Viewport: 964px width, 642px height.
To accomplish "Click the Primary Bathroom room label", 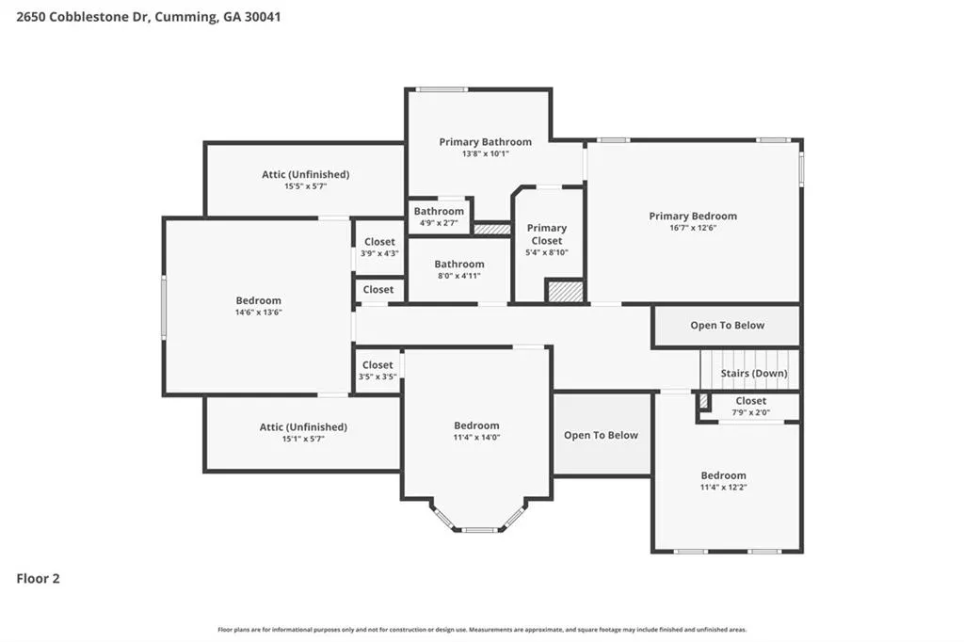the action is click(485, 142).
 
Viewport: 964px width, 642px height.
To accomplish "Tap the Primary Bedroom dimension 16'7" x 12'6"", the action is click(693, 228).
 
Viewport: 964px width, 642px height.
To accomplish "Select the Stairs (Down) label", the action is click(754, 374).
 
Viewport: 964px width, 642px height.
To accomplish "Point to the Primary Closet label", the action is click(547, 234).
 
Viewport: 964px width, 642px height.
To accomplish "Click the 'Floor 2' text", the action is click(38, 579).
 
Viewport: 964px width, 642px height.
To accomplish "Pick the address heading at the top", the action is click(148, 17).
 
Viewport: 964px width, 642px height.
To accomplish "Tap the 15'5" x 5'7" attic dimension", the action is click(306, 186).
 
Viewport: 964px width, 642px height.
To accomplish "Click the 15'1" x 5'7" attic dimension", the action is click(303, 439).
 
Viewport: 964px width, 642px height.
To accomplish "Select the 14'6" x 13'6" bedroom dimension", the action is click(258, 313).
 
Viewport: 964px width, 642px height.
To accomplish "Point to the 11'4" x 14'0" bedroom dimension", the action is click(476, 437).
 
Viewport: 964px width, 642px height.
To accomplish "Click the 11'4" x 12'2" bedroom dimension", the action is click(724, 487).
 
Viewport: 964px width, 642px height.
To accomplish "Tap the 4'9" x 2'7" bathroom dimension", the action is click(439, 223).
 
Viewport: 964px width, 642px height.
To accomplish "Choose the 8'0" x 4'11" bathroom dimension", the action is click(459, 276).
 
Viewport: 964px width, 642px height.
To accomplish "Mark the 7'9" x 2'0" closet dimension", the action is click(750, 412).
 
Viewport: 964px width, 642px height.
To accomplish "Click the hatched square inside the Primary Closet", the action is click(566, 292).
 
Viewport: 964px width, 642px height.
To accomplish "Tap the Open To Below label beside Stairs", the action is click(728, 326).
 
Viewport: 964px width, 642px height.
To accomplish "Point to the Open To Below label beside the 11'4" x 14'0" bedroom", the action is click(601, 436).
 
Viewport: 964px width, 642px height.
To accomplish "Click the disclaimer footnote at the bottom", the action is click(482, 630).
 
